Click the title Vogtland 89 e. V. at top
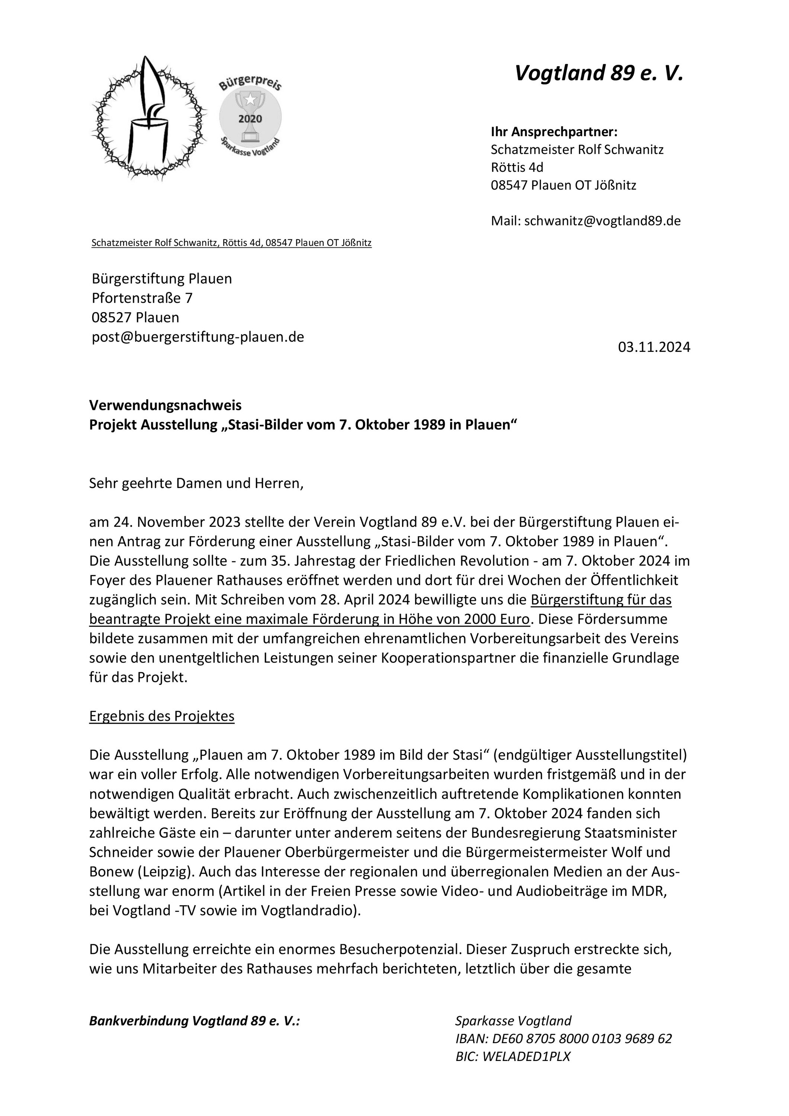point(599,73)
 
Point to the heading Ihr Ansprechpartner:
point(554,132)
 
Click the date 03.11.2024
point(654,347)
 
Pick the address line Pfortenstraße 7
point(142,298)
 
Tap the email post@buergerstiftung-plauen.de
point(198,337)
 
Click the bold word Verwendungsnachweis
point(165,405)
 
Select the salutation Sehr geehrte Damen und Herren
point(196,483)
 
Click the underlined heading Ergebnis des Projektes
point(161,716)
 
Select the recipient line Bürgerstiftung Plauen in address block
point(161,279)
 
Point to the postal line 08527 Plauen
point(135,317)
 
